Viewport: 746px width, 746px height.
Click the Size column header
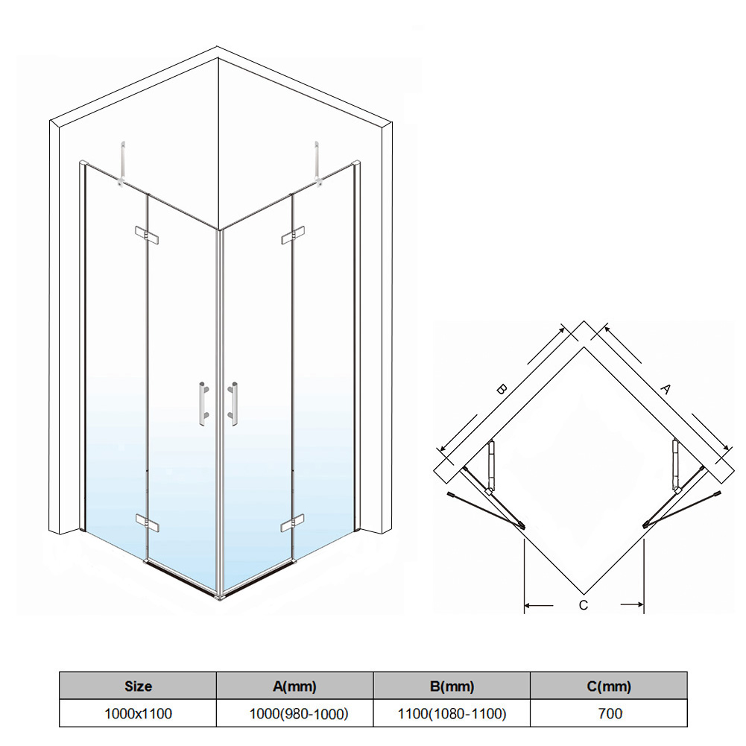tap(138, 686)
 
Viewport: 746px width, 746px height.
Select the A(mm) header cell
tap(295, 686)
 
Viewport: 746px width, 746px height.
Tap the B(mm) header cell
tap(452, 686)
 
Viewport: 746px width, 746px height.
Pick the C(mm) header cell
tap(609, 686)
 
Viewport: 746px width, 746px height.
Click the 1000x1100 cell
tap(138, 713)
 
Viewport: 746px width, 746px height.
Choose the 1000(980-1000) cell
tap(295, 713)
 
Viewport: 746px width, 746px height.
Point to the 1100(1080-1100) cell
tap(452, 713)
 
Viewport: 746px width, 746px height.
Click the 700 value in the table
tap(610, 713)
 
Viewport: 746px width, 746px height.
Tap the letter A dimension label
tap(666, 389)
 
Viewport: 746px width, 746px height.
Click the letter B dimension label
tap(501, 389)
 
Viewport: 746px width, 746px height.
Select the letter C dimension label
tap(584, 605)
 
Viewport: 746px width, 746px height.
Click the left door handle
tap(203, 403)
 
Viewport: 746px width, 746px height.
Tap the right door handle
tap(233, 403)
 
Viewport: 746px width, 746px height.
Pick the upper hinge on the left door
tap(147, 235)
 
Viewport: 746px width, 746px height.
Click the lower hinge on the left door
tap(147, 523)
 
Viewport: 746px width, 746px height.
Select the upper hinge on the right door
tap(293, 235)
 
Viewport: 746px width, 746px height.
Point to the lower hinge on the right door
tap(293, 523)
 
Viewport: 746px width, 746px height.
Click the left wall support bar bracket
tap(122, 163)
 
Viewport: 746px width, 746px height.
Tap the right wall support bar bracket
tap(317, 163)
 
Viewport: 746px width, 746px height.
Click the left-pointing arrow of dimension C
tap(539, 605)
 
